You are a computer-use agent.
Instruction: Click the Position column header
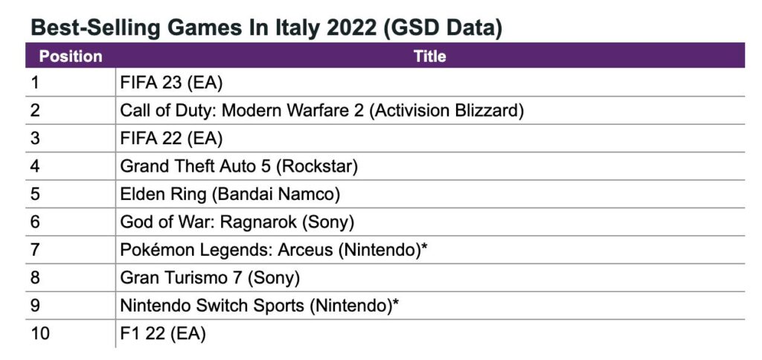tap(70, 57)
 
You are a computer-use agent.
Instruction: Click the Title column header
tap(429, 57)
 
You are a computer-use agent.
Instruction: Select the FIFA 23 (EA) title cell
tap(171, 83)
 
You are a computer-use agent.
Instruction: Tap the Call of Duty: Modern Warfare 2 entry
tap(322, 111)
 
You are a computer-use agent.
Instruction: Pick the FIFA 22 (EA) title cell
tap(171, 138)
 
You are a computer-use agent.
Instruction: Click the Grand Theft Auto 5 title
tap(239, 166)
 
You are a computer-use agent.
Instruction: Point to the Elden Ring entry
tap(230, 194)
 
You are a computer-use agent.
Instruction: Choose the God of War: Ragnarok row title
tap(237, 222)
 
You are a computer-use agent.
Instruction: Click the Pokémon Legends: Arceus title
tap(273, 250)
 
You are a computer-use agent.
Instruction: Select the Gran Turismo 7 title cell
tap(210, 277)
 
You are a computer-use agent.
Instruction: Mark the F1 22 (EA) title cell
tap(162, 333)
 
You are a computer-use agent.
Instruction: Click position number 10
tap(40, 333)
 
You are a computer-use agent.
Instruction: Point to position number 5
tap(35, 194)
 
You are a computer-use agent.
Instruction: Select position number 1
tap(35, 83)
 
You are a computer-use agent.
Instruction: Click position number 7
tap(35, 250)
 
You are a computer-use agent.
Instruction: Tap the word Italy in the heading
tap(291, 28)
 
